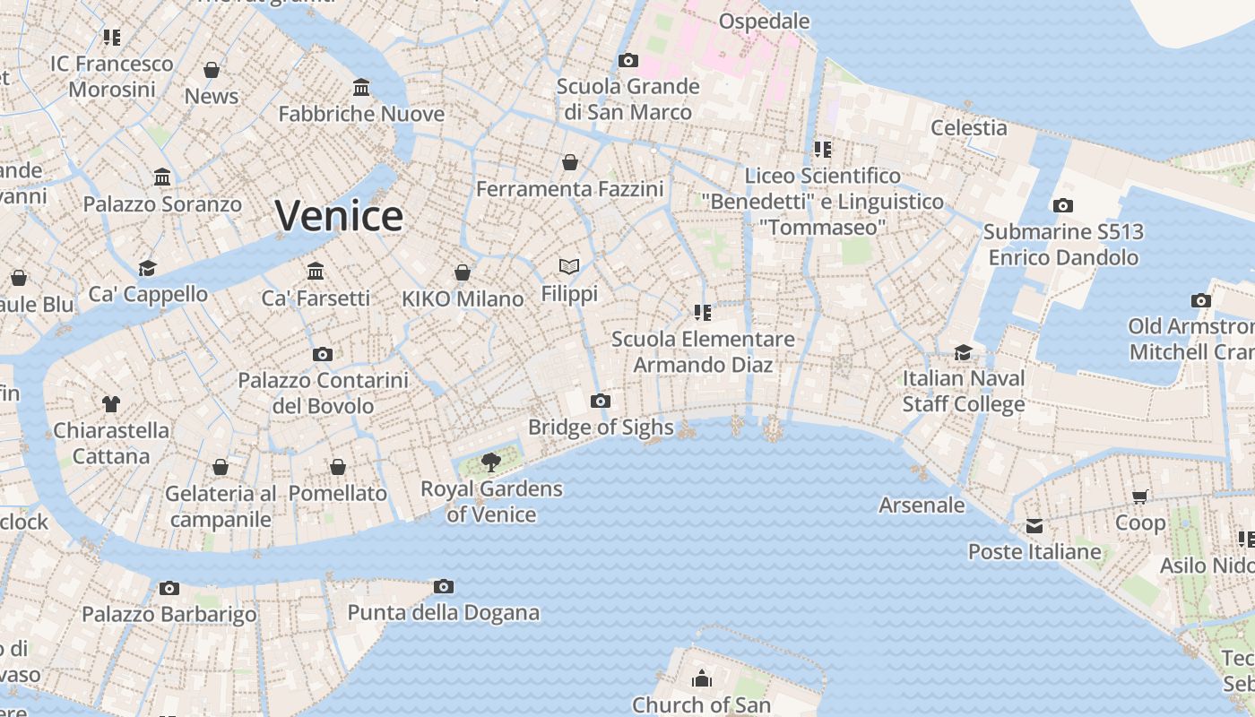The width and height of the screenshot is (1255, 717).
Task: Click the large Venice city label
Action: [339, 216]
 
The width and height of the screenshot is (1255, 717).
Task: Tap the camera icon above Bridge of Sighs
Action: [601, 401]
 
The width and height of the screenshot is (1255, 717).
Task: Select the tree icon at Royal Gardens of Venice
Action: [490, 462]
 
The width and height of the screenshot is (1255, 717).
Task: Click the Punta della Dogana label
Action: [443, 613]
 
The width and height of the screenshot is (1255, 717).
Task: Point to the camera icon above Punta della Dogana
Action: [443, 586]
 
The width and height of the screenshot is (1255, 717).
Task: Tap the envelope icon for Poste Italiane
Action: [1034, 525]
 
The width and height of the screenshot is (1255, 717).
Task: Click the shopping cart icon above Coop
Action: [1140, 497]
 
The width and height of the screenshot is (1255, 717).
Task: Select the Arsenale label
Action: [922, 505]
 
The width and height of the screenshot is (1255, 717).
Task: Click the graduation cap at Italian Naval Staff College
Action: [963, 352]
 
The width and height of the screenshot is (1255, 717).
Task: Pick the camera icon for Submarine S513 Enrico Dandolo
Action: [1062, 205]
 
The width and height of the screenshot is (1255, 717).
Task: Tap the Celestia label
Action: [968, 127]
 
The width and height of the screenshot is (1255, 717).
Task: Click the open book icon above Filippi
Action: [569, 266]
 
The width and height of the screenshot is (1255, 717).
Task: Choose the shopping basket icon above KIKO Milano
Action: [463, 272]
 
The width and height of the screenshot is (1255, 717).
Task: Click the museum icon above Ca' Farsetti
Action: [316, 271]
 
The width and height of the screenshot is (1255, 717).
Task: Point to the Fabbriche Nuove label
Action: [361, 114]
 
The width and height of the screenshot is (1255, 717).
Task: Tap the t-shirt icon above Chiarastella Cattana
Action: [110, 404]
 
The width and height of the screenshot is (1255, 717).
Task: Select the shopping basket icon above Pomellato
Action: [338, 467]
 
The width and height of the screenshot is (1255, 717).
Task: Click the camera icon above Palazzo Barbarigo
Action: [169, 588]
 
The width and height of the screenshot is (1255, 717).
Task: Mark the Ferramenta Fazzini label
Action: [569, 189]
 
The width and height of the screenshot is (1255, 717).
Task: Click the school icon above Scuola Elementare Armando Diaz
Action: [703, 312]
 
